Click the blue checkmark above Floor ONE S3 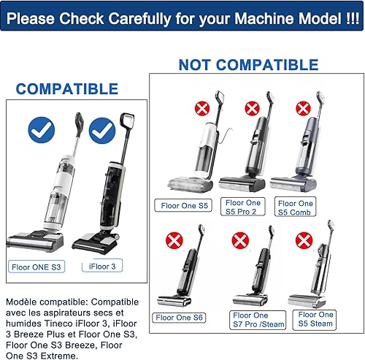click(x=42, y=130)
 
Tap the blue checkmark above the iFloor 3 click(x=102, y=131)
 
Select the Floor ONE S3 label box click(x=36, y=267)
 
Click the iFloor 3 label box click(x=102, y=266)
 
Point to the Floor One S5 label click(x=183, y=205)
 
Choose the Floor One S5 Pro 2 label click(x=242, y=207)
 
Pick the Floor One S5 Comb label click(x=295, y=207)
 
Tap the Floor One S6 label click(x=179, y=318)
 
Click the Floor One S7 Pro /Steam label click(x=258, y=320)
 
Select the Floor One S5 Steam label click(x=315, y=320)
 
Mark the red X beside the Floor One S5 click(x=202, y=108)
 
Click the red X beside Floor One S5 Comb click(x=303, y=108)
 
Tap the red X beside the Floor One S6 click(x=174, y=241)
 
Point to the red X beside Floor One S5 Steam click(x=304, y=240)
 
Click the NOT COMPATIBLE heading click(x=248, y=65)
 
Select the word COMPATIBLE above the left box click(x=67, y=88)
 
